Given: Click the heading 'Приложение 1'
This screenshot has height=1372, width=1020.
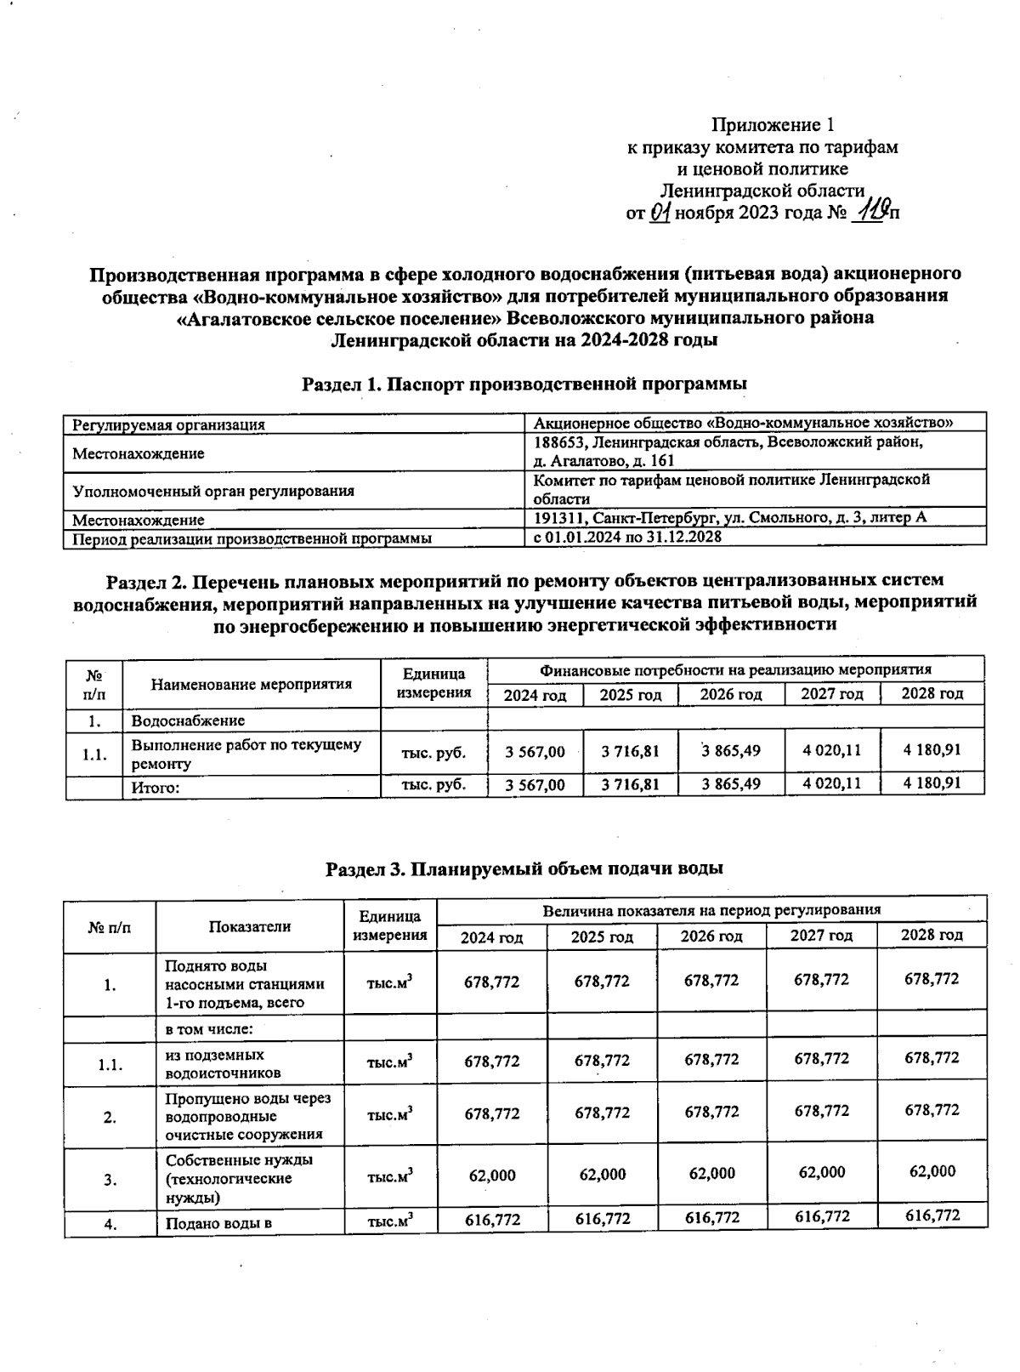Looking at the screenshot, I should [767, 126].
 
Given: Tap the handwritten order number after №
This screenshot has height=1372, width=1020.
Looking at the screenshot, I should [871, 210].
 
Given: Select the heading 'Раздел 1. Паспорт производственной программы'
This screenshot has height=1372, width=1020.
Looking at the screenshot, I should [524, 384].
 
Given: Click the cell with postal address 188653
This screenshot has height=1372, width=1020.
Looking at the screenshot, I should [728, 452].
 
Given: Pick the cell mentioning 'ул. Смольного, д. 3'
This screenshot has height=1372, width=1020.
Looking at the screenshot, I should [729, 517].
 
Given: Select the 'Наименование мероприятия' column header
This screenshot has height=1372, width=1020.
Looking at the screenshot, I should [252, 684].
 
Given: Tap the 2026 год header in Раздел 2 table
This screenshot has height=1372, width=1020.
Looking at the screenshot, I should [730, 695].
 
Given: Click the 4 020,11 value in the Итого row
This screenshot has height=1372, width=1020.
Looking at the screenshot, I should [831, 783].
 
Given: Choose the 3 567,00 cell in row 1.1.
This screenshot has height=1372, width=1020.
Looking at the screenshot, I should [535, 752].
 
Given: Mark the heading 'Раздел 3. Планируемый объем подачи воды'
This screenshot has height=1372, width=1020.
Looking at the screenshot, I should [524, 868].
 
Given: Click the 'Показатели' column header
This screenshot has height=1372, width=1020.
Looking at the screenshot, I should [250, 926].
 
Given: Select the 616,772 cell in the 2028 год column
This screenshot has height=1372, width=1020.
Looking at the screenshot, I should [932, 1215].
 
